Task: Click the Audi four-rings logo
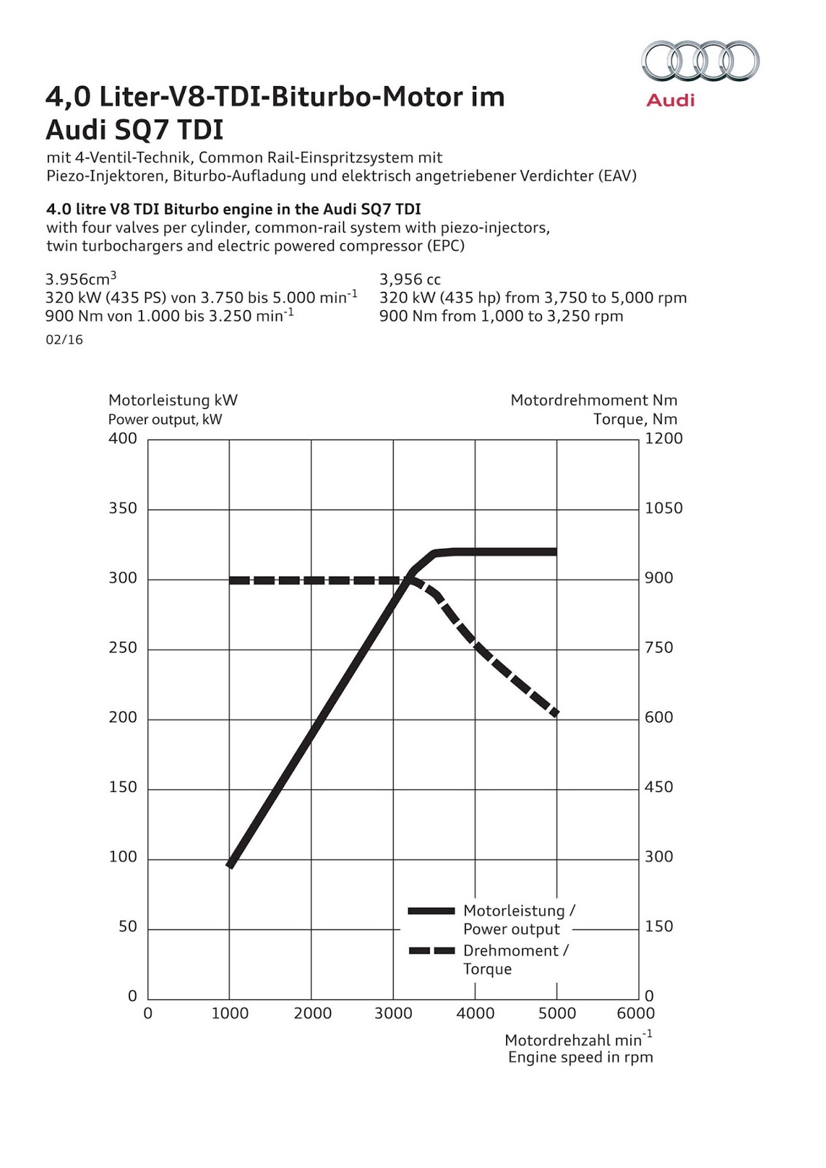tap(700, 61)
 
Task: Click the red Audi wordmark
tap(670, 100)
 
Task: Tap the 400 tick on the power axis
tap(123, 439)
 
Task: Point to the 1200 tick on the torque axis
tap(663, 439)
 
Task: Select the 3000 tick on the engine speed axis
tap(393, 1013)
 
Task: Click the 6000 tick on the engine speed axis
tap(635, 1013)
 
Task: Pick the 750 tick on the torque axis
tap(659, 648)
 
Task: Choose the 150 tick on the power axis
tap(123, 787)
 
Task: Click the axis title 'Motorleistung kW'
tap(172, 400)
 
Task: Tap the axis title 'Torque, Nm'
tap(635, 419)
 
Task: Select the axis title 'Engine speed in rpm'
tap(581, 1057)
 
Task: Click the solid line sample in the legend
tap(431, 911)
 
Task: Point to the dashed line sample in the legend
tap(431, 950)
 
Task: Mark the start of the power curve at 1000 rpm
tap(230, 865)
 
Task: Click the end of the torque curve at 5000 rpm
tap(556, 713)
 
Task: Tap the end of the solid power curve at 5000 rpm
tap(555, 552)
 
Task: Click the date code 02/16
tap(64, 339)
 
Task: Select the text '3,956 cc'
tap(410, 279)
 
